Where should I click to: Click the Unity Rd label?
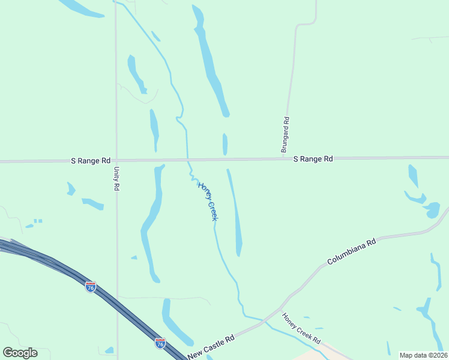click(116, 178)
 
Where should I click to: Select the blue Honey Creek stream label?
click(208, 201)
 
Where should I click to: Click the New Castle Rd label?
click(210, 348)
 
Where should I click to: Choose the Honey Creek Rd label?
click(301, 329)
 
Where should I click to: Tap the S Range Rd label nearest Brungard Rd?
click(313, 159)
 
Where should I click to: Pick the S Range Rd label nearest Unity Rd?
click(91, 161)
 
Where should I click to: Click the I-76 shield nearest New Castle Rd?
click(160, 343)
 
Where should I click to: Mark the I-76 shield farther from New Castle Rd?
click(91, 286)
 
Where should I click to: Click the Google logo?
click(20, 352)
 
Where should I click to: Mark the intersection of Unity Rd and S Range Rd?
click(116, 161)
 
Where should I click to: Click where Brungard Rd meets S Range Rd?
click(283, 159)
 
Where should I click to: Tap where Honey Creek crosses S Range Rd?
click(188, 160)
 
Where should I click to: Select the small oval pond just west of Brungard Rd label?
click(225, 145)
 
